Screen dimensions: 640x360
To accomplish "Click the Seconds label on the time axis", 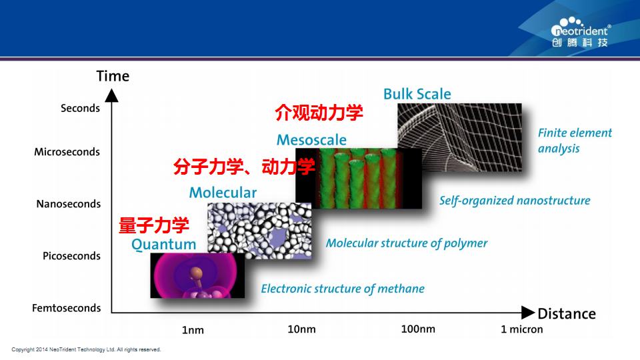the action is (80, 108).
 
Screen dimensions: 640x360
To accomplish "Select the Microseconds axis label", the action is (67, 152).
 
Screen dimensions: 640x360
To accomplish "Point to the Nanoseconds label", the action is (68, 204).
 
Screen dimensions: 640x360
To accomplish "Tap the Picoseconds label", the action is (71, 256).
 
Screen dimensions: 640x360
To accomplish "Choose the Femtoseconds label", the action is (66, 308).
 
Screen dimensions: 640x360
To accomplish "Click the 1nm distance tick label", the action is (193, 330).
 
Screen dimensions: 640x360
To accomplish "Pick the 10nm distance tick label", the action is (301, 329).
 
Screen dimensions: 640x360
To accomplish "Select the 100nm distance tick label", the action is (418, 329).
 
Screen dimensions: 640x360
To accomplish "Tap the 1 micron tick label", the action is (522, 329).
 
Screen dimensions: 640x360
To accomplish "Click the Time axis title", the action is (113, 76).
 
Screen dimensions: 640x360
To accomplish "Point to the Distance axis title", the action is (567, 313).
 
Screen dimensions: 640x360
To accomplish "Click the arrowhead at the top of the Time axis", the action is (111, 95).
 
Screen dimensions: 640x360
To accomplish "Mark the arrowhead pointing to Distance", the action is (528, 313).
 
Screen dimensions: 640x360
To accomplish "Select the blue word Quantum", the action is (164, 244).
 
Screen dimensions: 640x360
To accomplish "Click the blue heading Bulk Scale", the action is (417, 94).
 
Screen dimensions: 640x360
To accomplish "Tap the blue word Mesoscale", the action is (311, 140).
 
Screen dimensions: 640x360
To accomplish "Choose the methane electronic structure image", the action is (197, 275).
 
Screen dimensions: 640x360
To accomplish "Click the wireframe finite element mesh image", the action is (459, 137).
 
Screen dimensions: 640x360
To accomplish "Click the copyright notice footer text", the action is (86, 349).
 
